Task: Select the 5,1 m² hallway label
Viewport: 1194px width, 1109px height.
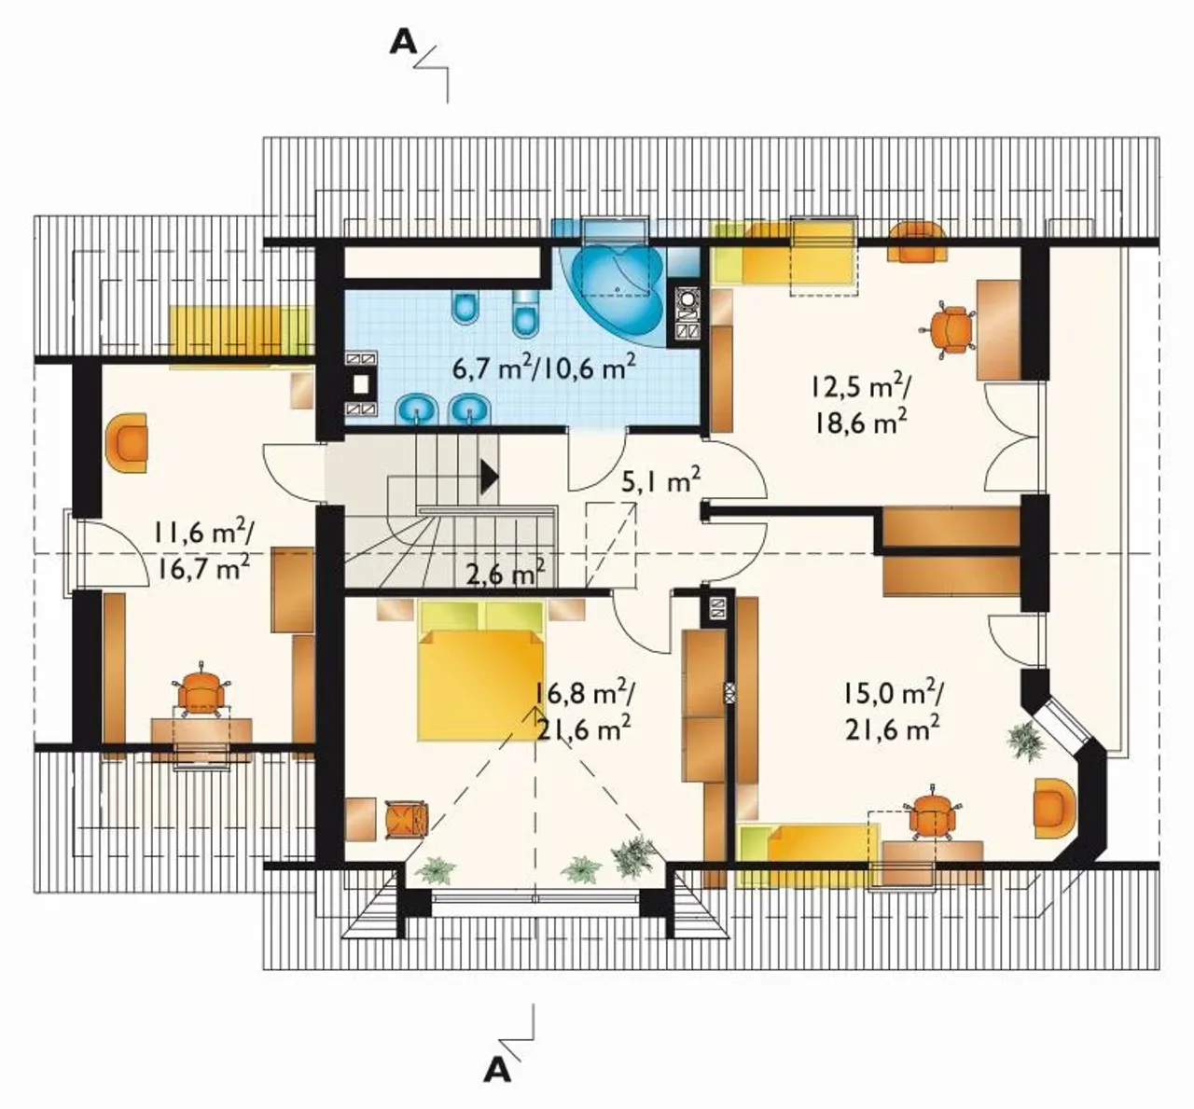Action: click(x=660, y=481)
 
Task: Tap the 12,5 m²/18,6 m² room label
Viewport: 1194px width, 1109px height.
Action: click(x=860, y=405)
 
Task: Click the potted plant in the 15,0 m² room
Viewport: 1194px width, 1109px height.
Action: click(x=1026, y=742)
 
